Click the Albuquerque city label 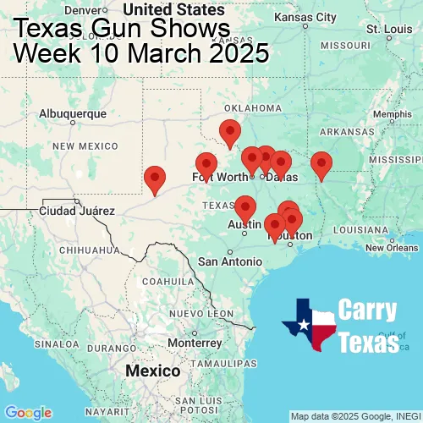point(73,113)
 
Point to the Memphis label point(391,115)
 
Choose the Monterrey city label point(194,343)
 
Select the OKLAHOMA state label point(253,108)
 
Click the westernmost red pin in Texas point(155,179)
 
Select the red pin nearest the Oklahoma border point(229,133)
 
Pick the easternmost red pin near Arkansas point(321,164)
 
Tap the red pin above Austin point(244,207)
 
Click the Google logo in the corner point(28,413)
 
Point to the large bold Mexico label point(152,371)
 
